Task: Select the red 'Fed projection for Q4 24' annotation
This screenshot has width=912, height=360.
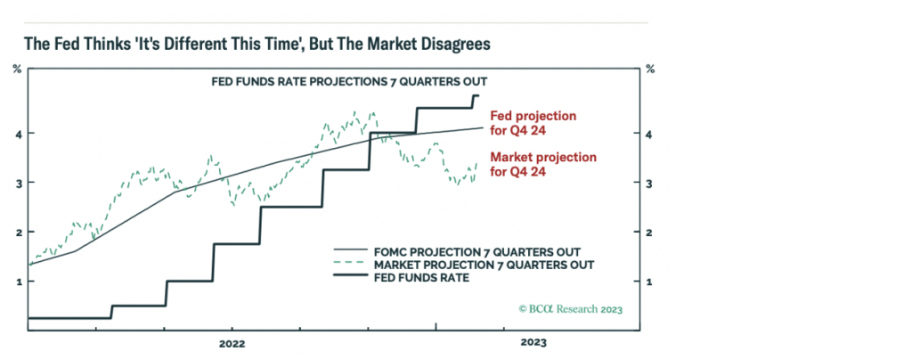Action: [x=533, y=123]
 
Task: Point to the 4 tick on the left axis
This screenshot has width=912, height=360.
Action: [x=17, y=134]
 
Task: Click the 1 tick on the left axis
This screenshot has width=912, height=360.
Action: [x=17, y=282]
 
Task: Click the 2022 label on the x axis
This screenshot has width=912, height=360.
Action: [x=232, y=342]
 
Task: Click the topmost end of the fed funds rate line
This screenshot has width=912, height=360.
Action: [x=479, y=95]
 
